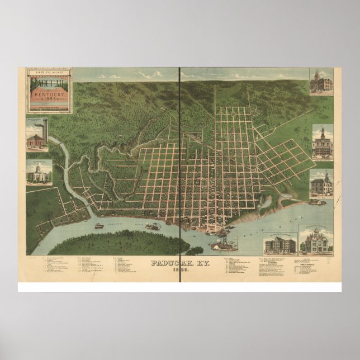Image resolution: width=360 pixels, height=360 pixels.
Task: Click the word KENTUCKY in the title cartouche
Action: click(49, 96)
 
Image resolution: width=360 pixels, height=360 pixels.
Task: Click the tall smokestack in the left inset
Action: click(45, 130)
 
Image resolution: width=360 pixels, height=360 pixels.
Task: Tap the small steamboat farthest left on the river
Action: click(98, 226)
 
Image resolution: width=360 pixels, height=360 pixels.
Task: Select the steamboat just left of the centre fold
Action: click(153, 226)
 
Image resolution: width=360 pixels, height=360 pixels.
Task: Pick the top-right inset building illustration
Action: click(322, 82)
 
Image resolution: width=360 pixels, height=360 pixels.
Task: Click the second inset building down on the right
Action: click(323, 143)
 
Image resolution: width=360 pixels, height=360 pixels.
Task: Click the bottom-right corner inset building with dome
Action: click(316, 240)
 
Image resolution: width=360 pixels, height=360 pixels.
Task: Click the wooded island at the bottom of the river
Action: click(117, 242)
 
